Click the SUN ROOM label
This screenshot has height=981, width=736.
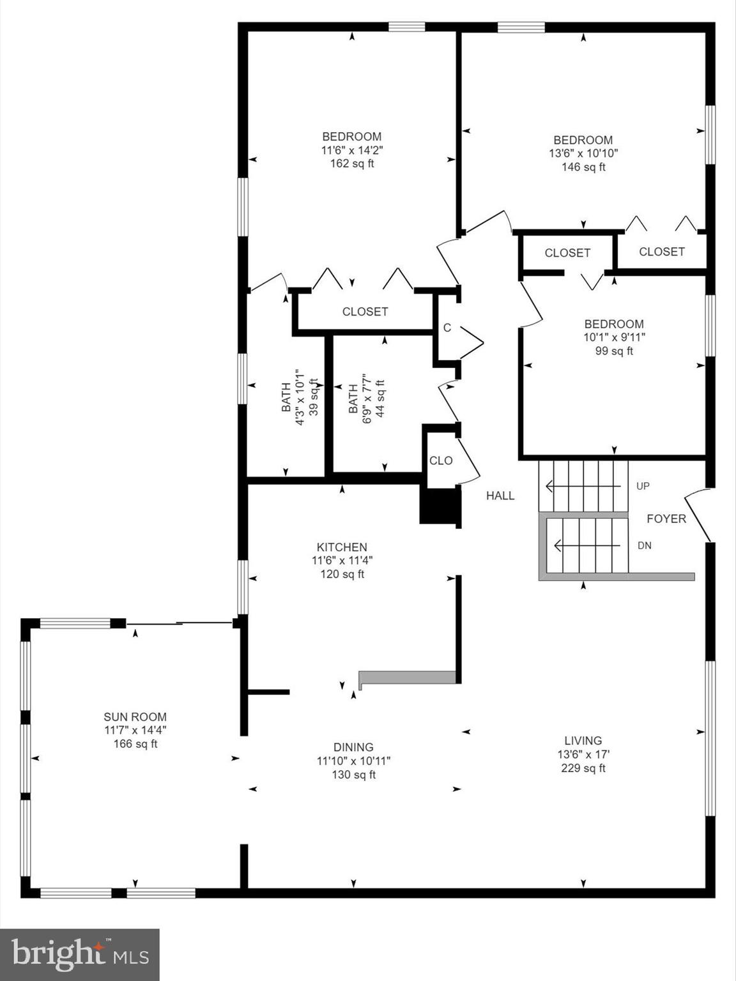coord(135,717)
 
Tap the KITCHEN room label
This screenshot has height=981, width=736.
coord(342,547)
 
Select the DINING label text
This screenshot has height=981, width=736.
coord(353,747)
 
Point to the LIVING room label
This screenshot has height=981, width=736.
coord(583,740)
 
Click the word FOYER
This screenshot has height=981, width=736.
coord(666,519)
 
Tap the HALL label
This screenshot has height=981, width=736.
coord(500,496)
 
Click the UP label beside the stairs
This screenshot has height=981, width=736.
coord(643,486)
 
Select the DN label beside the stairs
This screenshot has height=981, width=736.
coord(644,545)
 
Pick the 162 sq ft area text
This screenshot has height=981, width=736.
coord(352,163)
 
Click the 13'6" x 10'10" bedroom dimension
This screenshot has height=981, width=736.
coord(583,153)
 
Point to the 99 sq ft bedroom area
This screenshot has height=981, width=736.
coord(614,351)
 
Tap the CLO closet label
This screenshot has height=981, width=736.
coord(441,460)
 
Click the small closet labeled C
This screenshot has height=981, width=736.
coord(447,328)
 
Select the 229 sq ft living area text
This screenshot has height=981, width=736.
coord(583,768)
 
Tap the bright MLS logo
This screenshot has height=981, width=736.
coord(80,954)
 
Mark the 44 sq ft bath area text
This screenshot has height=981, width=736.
coord(379,399)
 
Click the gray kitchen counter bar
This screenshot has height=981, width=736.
coord(408,677)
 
